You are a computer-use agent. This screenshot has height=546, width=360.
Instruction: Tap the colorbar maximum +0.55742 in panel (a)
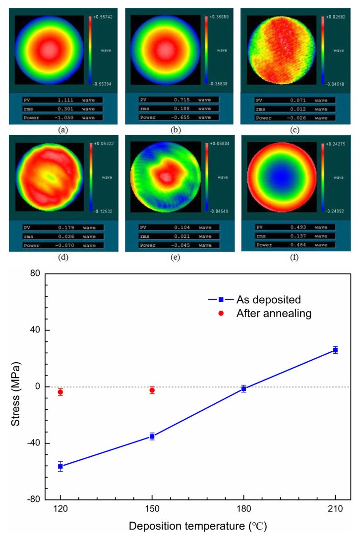click(101, 17)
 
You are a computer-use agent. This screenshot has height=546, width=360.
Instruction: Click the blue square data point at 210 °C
click(335, 350)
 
